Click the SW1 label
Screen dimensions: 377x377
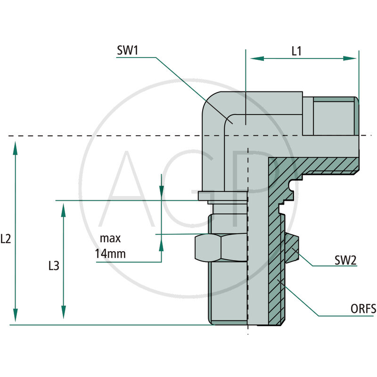pos(127,51)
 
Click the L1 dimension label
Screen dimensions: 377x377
pos(296,51)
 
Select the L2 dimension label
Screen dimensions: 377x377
pos(6,239)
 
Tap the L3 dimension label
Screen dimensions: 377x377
pos(54,266)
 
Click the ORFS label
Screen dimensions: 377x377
pos(363,309)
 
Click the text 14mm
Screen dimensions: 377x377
pos(110,254)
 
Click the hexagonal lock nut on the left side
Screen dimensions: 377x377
pos(221,248)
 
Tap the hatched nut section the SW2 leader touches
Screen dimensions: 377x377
pos(291,248)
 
